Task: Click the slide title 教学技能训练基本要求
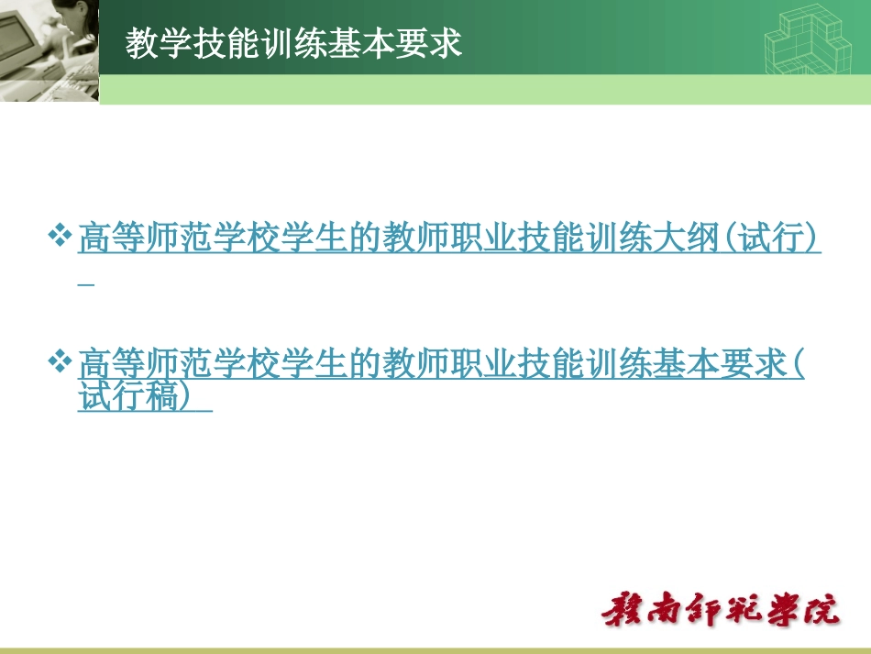[x=294, y=43]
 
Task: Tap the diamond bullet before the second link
[x=61, y=361]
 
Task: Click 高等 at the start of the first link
[x=111, y=239]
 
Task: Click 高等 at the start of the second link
[x=111, y=364]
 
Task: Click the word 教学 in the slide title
[x=159, y=43]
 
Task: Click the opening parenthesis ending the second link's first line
[x=799, y=364]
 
